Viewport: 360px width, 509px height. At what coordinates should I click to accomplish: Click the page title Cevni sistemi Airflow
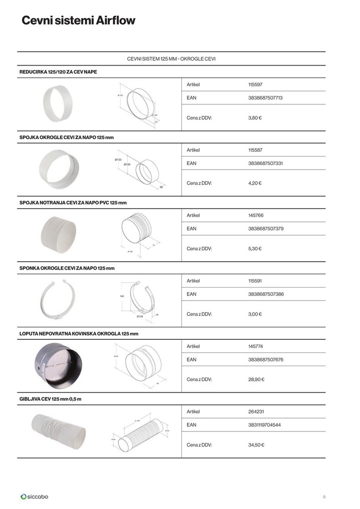click(78, 21)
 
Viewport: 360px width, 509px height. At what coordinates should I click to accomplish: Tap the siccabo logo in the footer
click(34, 496)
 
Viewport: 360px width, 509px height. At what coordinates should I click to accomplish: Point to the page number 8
click(324, 497)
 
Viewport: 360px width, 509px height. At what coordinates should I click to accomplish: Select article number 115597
click(255, 85)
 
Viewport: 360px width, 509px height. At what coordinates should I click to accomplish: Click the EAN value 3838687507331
click(265, 164)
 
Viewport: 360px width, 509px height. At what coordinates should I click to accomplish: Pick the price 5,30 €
click(255, 248)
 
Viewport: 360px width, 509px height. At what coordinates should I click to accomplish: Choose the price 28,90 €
click(256, 379)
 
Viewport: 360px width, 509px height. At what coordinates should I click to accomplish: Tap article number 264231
click(256, 411)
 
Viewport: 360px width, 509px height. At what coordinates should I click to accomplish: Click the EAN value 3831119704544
click(265, 425)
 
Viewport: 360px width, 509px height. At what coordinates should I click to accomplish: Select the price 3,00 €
click(255, 314)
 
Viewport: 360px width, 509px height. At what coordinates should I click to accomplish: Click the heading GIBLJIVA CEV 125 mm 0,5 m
click(50, 399)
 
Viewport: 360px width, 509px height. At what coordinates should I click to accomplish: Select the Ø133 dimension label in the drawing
click(118, 160)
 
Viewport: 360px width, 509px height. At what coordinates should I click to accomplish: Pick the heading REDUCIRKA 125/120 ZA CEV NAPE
click(58, 72)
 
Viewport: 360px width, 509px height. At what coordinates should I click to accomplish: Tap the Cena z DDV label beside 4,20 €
click(199, 183)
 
